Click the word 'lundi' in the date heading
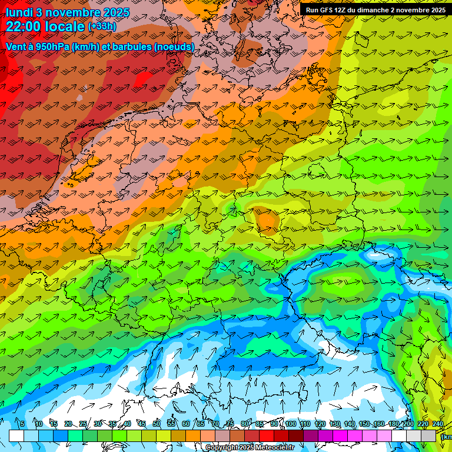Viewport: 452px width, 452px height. [19, 12]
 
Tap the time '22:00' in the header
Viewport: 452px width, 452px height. [25, 26]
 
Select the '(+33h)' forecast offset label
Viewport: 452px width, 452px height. [102, 26]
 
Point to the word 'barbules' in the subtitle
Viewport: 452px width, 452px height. [132, 46]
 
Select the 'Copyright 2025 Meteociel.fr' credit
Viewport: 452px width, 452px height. [250, 448]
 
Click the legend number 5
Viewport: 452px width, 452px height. [22, 424]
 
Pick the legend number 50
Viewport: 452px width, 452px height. [156, 424]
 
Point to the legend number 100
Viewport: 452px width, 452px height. [291, 424]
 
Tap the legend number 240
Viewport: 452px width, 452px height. [438, 424]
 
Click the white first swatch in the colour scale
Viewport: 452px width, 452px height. [16, 436]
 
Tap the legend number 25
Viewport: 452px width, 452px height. [82, 424]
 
